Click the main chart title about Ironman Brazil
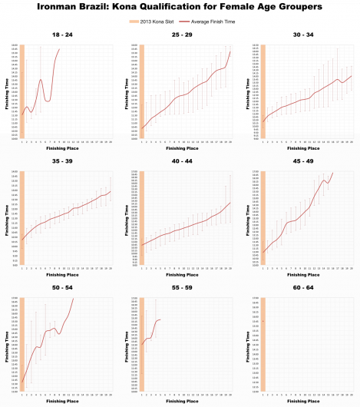tap(180, 7)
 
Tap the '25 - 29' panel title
tap(179, 36)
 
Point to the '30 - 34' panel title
tap(300, 36)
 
